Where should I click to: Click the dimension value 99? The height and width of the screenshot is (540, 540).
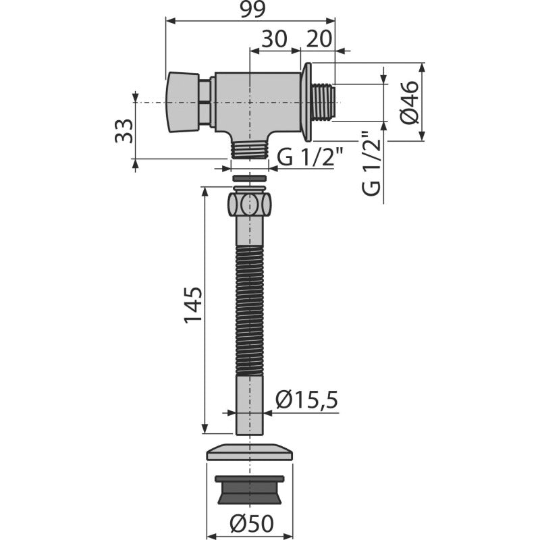point(252,9)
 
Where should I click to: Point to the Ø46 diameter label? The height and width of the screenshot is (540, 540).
point(410,103)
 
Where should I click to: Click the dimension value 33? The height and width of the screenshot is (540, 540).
point(124,131)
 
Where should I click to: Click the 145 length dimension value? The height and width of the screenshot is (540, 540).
point(193,304)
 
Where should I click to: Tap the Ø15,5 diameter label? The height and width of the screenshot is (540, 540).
point(306,400)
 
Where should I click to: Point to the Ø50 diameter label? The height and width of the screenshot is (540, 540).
point(252,524)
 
